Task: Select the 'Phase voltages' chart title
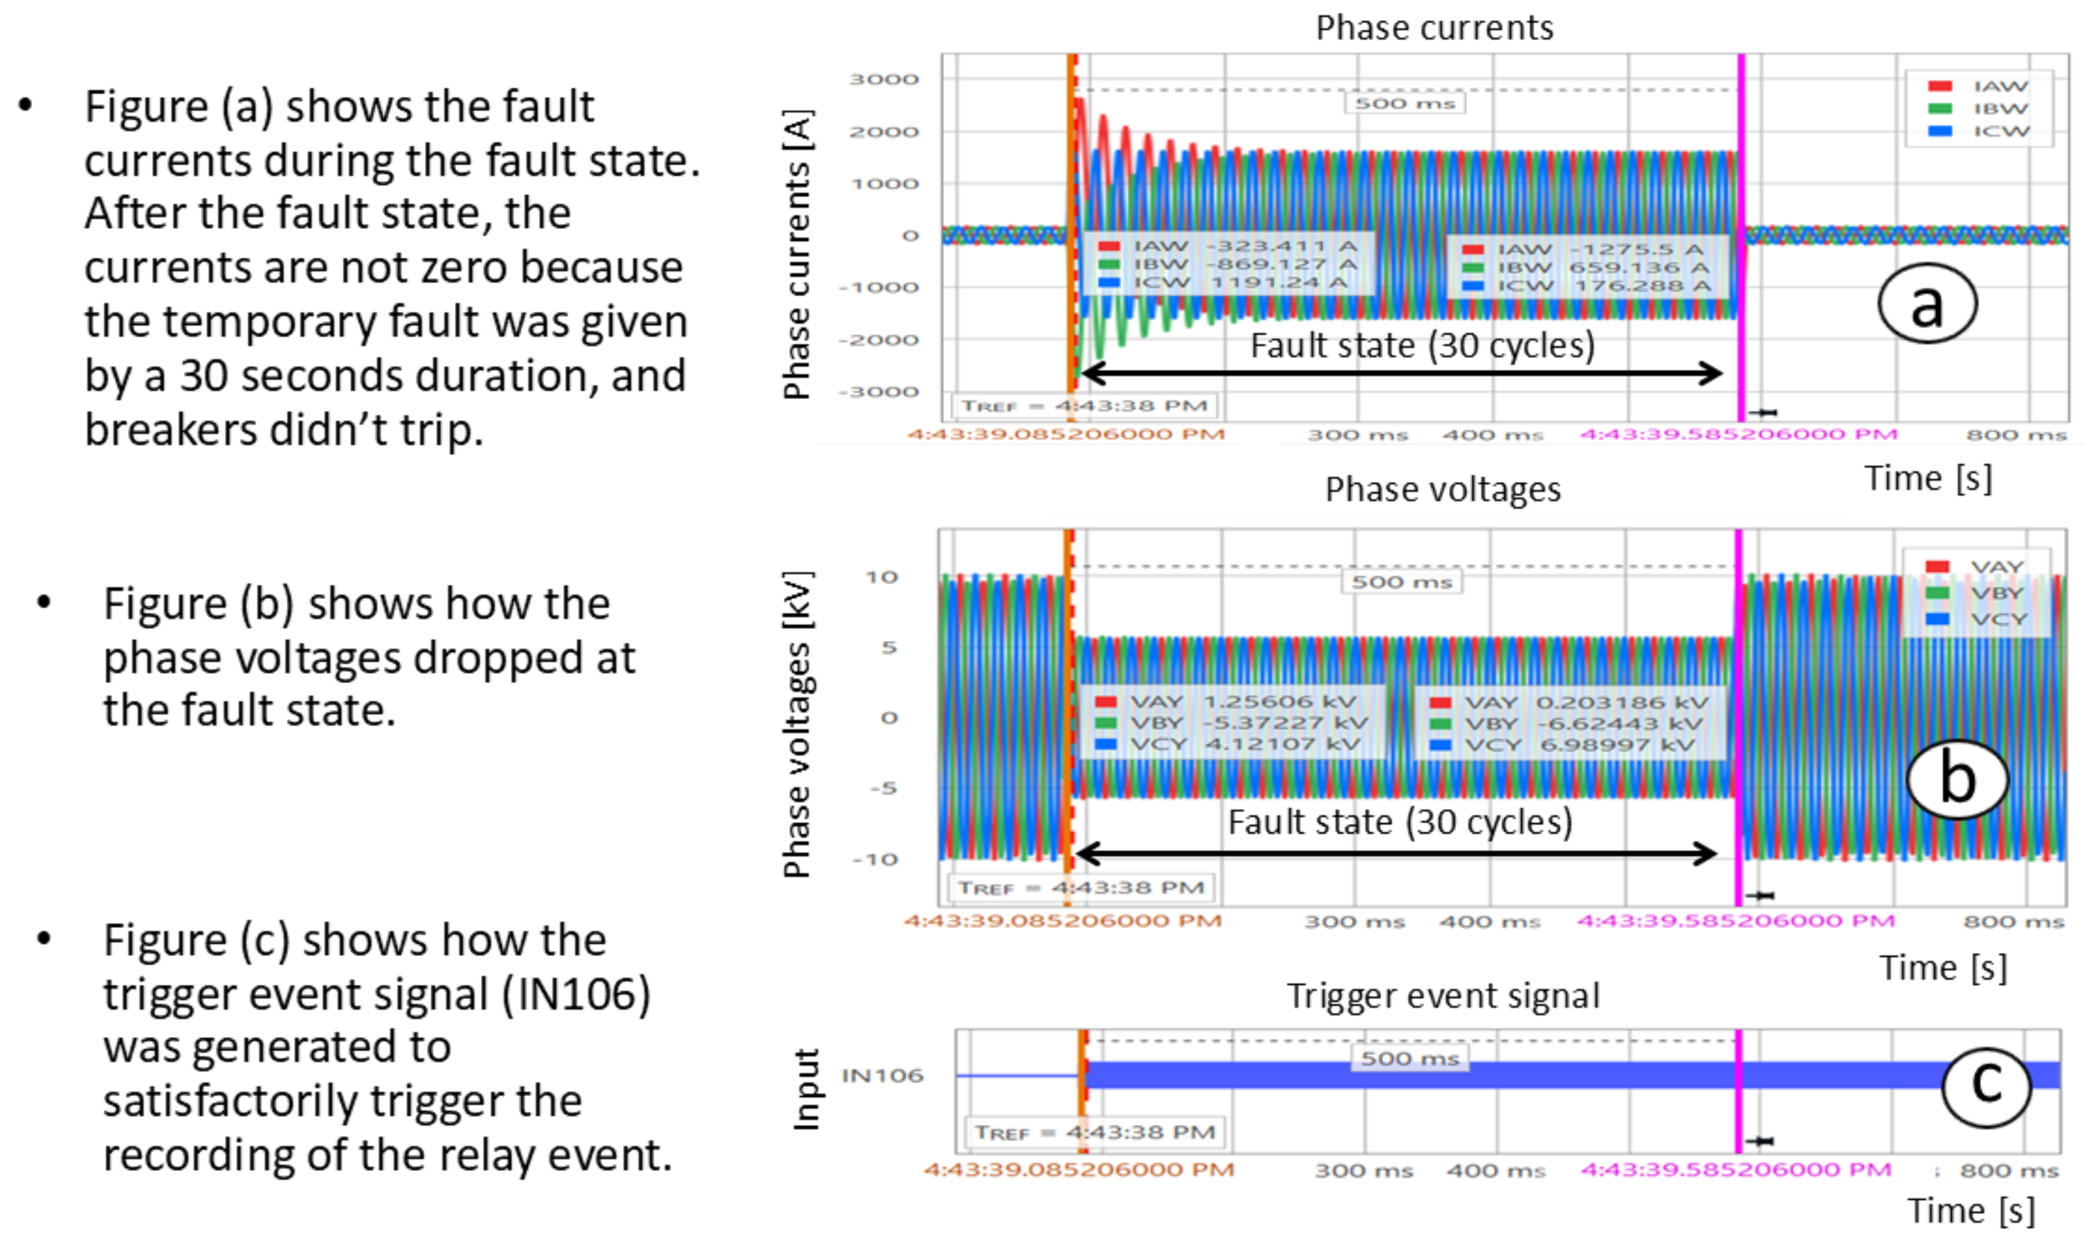coord(1442,489)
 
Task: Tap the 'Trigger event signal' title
coord(1442,996)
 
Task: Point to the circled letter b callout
coord(1957,779)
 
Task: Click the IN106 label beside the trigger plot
coord(882,1076)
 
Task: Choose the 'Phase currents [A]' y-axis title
coord(797,254)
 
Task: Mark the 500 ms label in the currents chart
coord(1405,103)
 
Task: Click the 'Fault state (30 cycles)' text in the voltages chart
coord(1399,823)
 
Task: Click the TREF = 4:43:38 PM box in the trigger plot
coord(1094,1132)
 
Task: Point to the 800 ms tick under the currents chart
coord(2016,435)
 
